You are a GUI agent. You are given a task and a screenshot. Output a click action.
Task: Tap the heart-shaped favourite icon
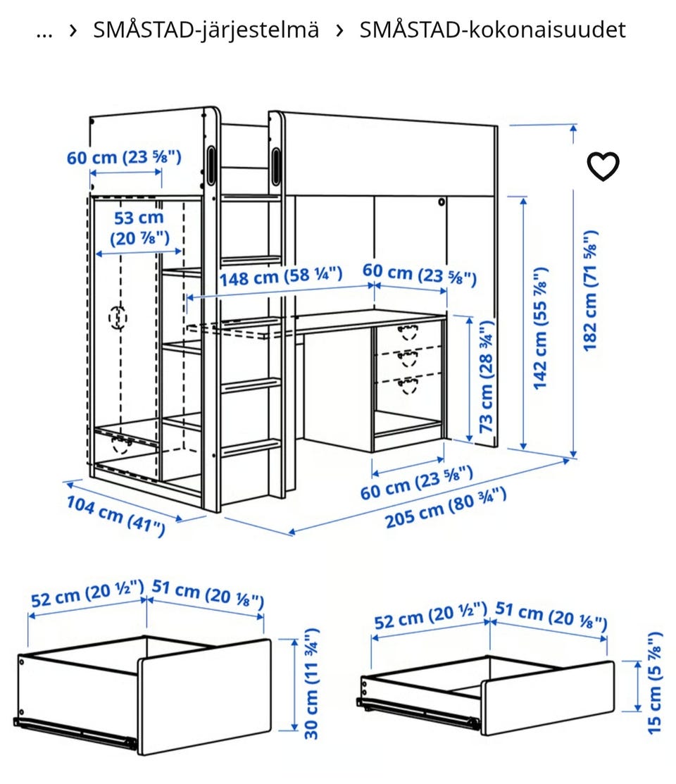point(603,166)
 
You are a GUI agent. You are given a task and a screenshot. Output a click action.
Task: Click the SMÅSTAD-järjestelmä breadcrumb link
point(206,30)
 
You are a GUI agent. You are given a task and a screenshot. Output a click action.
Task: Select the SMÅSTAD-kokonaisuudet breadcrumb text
point(492,30)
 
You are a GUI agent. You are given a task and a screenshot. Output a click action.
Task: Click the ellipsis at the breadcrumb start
point(44,34)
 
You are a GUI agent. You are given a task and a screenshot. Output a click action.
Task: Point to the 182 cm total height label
point(590,290)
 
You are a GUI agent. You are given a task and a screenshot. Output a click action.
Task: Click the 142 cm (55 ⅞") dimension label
point(540,328)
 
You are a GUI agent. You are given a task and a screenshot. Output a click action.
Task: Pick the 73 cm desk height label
point(487,376)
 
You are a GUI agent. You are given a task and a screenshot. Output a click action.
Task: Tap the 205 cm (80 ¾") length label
point(446,507)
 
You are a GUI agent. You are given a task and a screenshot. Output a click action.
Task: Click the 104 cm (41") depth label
point(115,516)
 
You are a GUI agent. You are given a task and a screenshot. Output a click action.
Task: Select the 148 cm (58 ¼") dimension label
point(281,276)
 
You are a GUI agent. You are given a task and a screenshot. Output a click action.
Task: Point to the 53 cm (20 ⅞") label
point(139,228)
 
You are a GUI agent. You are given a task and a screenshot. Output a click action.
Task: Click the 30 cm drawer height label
point(311,683)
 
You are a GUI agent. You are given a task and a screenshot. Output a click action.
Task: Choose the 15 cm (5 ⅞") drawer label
point(654,683)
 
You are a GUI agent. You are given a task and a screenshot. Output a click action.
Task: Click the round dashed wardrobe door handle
point(118,318)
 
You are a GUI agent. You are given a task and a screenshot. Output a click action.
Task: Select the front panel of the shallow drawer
point(548,697)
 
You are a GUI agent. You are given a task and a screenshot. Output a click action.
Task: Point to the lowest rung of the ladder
point(251,447)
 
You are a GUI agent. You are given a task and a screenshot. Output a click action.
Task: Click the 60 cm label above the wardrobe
point(124,157)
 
